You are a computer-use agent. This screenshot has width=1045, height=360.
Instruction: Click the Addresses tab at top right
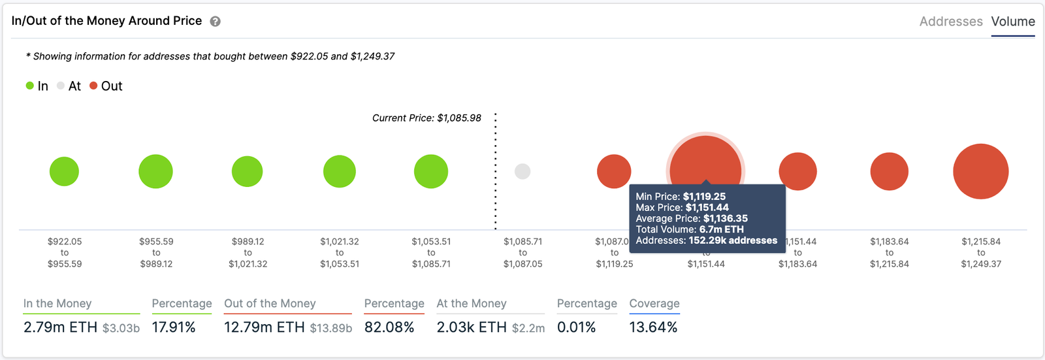click(950, 22)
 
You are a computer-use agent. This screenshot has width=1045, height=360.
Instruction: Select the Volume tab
click(1012, 22)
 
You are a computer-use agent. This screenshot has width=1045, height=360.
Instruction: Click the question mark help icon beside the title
click(215, 22)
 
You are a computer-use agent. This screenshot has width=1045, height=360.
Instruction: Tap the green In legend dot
click(30, 86)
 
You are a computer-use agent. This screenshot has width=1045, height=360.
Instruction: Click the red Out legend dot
click(93, 86)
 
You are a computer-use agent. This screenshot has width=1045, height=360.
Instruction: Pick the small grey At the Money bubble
click(522, 172)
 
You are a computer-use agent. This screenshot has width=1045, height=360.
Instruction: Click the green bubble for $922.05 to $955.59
click(64, 172)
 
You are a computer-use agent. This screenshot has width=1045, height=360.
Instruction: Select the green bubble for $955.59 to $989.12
click(155, 172)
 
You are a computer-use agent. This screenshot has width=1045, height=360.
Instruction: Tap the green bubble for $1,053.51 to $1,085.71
click(431, 172)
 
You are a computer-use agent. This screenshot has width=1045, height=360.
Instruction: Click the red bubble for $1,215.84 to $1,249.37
click(980, 172)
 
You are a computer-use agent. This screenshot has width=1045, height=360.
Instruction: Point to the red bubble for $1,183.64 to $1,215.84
click(889, 172)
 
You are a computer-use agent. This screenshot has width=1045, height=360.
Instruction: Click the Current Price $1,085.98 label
click(426, 118)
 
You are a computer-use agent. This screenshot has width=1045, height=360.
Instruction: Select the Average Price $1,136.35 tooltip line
click(692, 218)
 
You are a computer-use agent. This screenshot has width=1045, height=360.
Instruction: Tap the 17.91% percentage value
click(174, 327)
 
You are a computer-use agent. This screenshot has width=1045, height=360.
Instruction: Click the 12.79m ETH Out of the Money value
click(264, 327)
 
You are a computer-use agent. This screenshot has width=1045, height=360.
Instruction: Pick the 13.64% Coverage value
click(653, 327)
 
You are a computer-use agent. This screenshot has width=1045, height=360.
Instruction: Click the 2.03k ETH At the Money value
click(472, 327)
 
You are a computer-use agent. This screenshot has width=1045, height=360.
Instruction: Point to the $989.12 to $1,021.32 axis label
click(248, 253)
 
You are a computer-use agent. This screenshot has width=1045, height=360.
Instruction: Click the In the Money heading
click(57, 303)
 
